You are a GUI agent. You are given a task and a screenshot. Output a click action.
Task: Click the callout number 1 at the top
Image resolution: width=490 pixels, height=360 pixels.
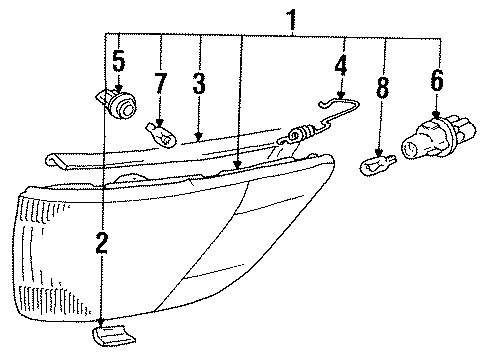tap(293, 19)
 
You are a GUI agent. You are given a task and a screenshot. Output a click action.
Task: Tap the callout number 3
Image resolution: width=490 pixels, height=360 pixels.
tap(199, 84)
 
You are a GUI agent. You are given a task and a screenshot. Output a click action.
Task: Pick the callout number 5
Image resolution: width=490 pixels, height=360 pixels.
tap(118, 63)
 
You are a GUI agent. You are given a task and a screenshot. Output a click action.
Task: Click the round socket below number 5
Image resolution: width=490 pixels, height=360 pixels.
tap(122, 104)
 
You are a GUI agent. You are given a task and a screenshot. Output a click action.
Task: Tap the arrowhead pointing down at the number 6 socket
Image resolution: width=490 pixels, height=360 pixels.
tap(437, 116)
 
